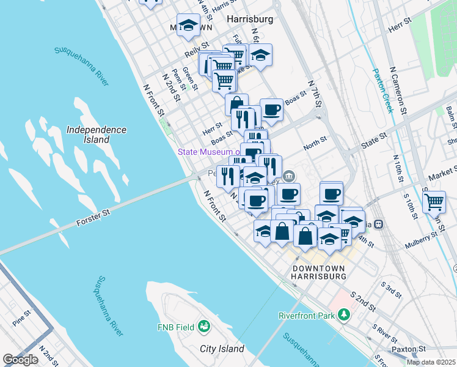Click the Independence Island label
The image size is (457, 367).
(x=97, y=135)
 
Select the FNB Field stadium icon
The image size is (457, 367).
(x=205, y=327)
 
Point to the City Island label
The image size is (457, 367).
(x=222, y=349)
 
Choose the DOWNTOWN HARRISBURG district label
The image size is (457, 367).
(x=320, y=272)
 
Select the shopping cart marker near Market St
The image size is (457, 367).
(x=434, y=201)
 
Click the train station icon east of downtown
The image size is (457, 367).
(x=379, y=224)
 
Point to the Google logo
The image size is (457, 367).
(x=20, y=360)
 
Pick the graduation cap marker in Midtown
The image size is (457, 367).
(x=189, y=25)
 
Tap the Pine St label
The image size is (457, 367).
(x=20, y=320)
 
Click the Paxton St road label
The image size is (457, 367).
(x=409, y=349)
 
